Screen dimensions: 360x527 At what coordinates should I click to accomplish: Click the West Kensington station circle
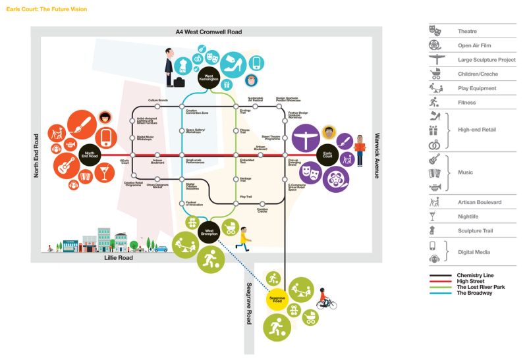pyautogui.click(x=209, y=77)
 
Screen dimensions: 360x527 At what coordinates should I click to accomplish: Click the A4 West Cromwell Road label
pyautogui.click(x=208, y=32)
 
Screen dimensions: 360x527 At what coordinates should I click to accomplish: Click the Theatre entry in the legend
pyautogui.click(x=467, y=31)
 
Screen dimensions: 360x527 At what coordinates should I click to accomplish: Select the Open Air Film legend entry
pyautogui.click(x=472, y=45)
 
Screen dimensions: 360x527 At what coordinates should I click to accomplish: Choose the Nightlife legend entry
pyautogui.click(x=469, y=216)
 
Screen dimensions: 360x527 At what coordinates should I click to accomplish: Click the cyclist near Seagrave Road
pyautogui.click(x=326, y=299)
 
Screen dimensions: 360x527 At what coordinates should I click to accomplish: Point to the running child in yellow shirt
pyautogui.click(x=244, y=238)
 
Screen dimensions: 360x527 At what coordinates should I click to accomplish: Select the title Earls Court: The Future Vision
pyautogui.click(x=46, y=9)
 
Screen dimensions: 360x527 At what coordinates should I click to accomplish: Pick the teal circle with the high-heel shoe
pyautogui.click(x=235, y=65)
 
